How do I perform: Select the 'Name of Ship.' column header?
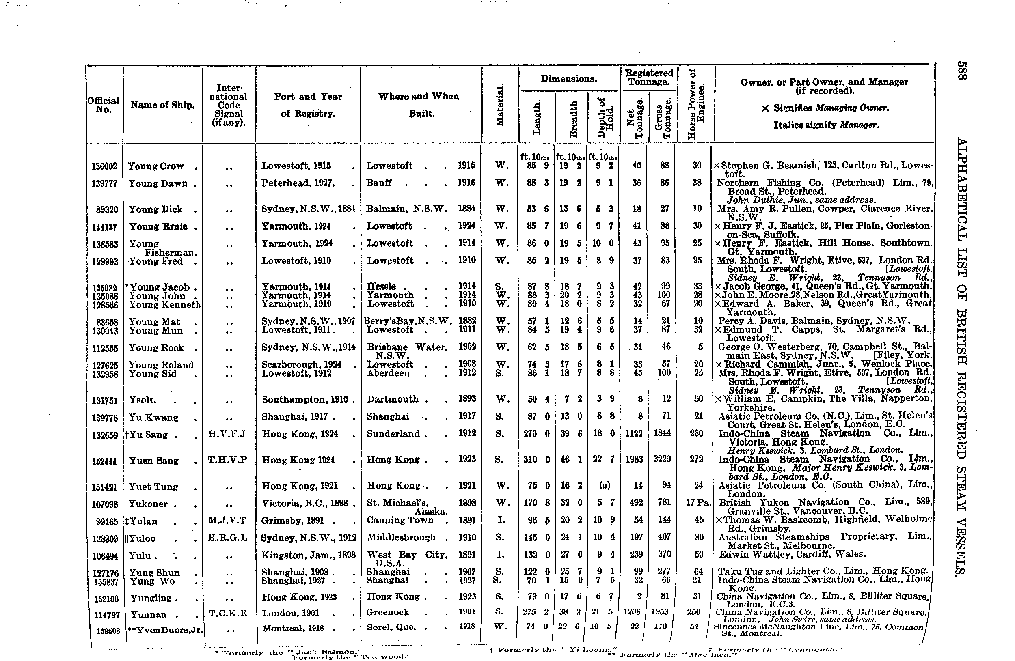[162, 105]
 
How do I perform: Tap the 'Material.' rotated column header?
[500, 105]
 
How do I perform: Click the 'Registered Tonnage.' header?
[649, 77]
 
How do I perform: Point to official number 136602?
[104, 166]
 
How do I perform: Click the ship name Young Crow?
[155, 166]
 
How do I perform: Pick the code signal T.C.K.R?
[228, 613]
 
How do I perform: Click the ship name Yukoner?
[149, 504]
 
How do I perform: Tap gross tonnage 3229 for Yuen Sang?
[662, 459]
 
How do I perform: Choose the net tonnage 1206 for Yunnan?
[632, 612]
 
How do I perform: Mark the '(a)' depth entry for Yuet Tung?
[604, 485]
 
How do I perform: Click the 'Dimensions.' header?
[568, 79]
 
